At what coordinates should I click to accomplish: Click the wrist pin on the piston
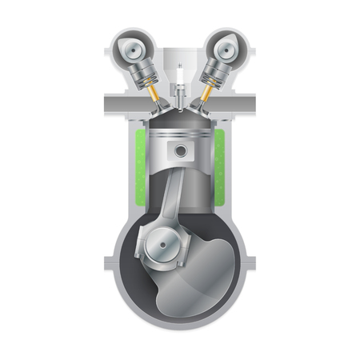[x=181, y=150]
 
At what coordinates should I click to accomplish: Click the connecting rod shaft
[x=171, y=196]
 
